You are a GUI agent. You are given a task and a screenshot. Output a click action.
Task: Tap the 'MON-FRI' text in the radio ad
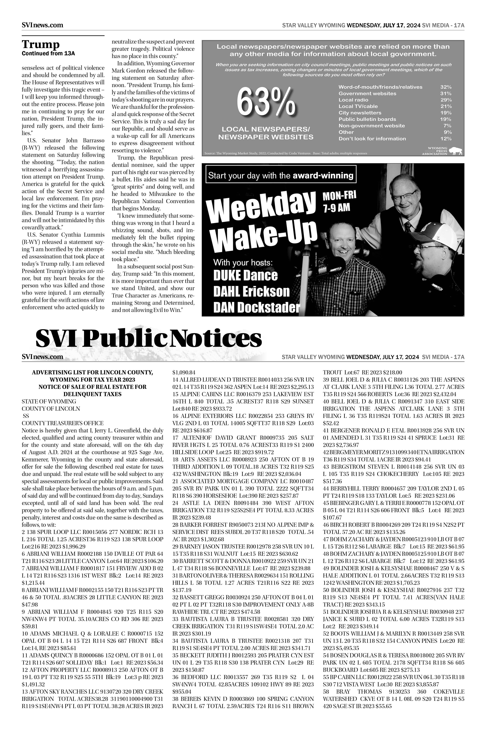click(x=339, y=196)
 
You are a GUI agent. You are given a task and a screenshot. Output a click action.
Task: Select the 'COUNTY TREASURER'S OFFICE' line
click(x=63, y=423)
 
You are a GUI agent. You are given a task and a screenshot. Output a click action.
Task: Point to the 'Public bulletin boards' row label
click(x=367, y=119)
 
